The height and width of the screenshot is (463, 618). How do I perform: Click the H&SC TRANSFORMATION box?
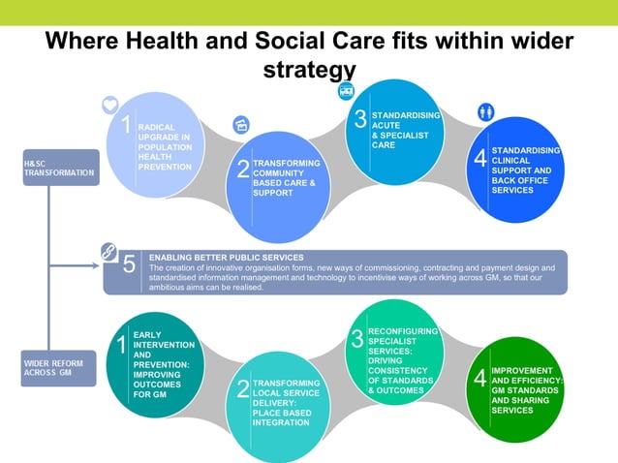pos(60,167)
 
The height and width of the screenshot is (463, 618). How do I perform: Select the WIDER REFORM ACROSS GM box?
pos(58,368)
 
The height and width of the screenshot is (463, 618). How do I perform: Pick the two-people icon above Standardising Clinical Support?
pos(486,111)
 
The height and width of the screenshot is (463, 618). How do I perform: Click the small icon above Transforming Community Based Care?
pos(242,124)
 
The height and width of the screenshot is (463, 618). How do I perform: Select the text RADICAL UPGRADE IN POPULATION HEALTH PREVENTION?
pos(165,146)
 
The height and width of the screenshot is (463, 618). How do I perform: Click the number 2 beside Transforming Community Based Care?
pos(243,170)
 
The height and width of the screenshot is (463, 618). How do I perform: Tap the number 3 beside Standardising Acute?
pos(359,119)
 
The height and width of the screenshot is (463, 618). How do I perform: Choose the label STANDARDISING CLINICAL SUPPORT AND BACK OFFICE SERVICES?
pos(526,170)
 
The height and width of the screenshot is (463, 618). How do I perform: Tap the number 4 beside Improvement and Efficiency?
pos(479,381)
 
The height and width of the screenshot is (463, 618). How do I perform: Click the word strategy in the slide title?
pos(309,70)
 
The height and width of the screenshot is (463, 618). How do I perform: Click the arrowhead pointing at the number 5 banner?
pos(96,264)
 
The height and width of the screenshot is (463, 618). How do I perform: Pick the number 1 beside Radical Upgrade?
pos(126,125)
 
